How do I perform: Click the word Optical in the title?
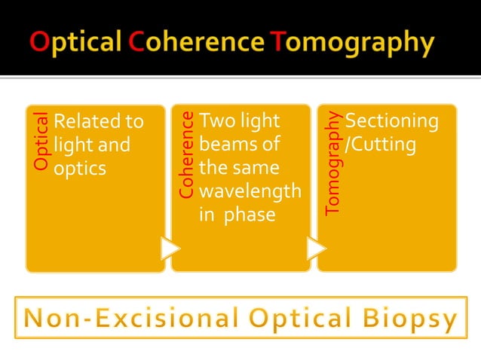(77, 41)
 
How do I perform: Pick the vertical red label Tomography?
(332, 163)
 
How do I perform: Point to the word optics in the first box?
(80, 167)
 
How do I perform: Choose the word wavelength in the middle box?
(250, 191)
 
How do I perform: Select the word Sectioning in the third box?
(391, 121)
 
